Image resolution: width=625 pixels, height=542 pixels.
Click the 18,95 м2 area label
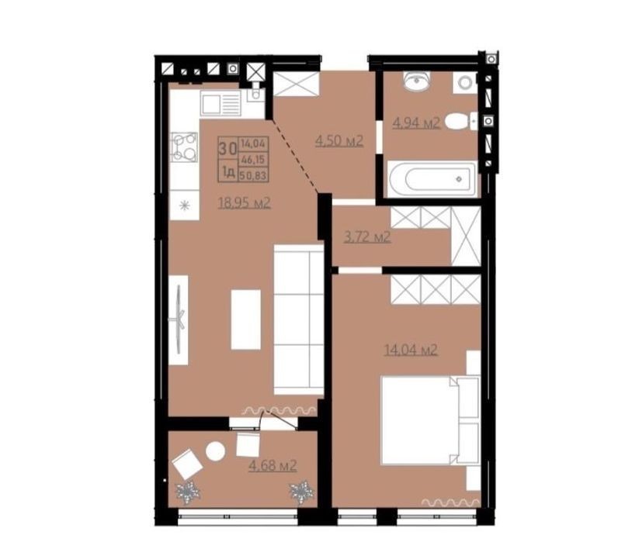245,203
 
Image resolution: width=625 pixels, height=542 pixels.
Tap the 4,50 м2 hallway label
339,140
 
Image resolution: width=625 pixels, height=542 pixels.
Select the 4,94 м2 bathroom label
416,123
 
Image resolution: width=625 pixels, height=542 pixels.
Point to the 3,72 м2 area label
367,237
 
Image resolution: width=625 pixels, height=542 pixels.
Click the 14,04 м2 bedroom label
411,350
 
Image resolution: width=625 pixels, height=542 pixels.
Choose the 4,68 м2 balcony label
273,464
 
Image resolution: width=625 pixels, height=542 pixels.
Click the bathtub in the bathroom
432,179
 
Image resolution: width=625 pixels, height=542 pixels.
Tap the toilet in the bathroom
461,121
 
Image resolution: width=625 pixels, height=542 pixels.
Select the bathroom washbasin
416,81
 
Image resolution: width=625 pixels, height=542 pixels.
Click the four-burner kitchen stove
184,147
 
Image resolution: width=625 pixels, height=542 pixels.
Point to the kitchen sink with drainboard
220,102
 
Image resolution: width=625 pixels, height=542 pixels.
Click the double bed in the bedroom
430,420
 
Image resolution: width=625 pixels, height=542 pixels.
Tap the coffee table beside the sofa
245,319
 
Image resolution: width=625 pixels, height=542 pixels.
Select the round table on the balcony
216,451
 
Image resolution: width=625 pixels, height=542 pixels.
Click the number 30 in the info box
227,149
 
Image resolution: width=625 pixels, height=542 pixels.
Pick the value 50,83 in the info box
254,175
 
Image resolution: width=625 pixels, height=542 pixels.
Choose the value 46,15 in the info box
254,160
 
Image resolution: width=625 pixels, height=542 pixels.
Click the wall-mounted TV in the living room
179,319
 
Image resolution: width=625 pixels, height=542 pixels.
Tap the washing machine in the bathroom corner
465,83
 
